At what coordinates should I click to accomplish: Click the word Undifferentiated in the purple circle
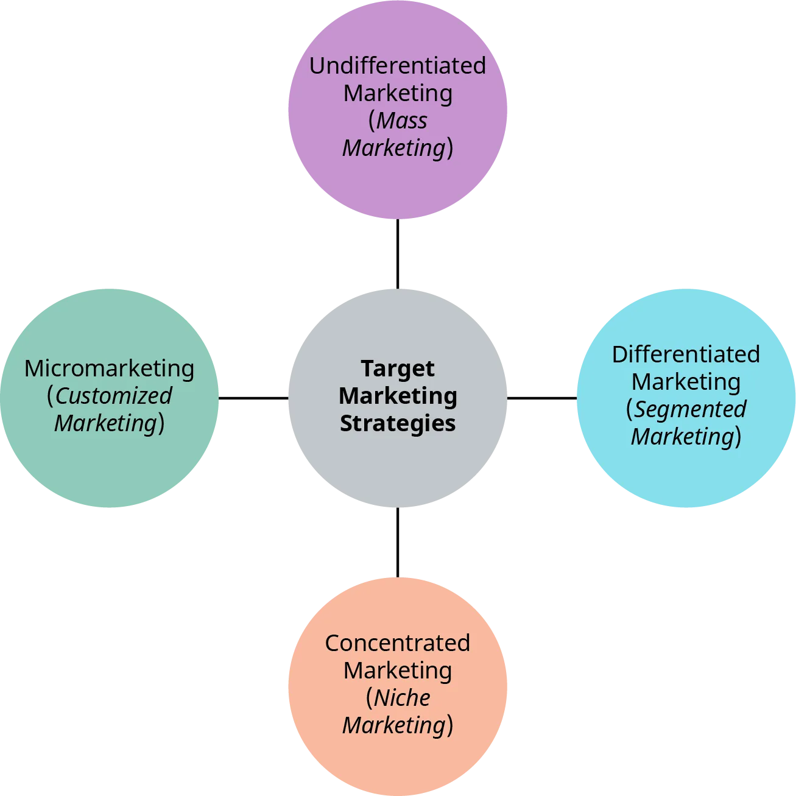(397, 66)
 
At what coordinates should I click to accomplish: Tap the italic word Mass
(402, 121)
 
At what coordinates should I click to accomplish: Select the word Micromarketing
(110, 368)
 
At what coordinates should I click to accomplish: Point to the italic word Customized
(114, 396)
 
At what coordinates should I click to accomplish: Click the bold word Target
(398, 368)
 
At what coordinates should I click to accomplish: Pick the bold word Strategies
(398, 423)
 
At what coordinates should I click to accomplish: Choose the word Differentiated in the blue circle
(686, 354)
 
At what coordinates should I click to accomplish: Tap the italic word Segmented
(690, 409)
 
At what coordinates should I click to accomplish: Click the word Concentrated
(397, 643)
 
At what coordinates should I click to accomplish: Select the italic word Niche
(402, 698)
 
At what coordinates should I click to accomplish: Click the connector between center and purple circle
(397, 253)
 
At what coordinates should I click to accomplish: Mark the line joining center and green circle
(253, 397)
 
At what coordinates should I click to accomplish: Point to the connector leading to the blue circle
(541, 397)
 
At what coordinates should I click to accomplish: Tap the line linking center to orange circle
(397, 542)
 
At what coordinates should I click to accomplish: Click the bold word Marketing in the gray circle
(398, 396)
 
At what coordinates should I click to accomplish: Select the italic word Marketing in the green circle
(106, 423)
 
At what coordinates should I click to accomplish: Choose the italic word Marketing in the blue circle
(683, 437)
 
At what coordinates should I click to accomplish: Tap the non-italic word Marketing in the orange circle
(398, 671)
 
